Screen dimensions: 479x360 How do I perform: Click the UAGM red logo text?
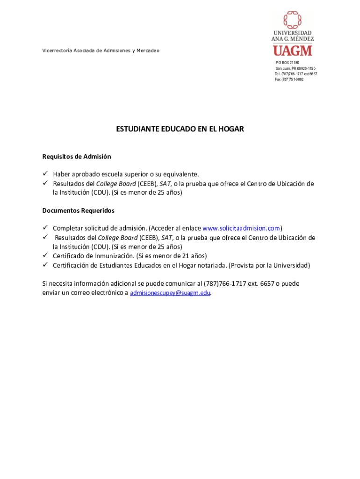click(x=292, y=50)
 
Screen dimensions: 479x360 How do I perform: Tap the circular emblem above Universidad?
click(x=293, y=20)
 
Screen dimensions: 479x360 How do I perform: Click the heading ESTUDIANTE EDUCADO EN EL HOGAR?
click(x=180, y=129)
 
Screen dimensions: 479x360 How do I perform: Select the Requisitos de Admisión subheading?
click(x=77, y=156)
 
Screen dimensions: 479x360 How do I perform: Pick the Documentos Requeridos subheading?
click(x=78, y=210)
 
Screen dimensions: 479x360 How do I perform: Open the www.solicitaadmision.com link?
click(x=241, y=228)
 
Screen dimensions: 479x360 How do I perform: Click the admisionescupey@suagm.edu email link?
click(x=170, y=293)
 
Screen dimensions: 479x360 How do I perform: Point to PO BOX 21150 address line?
click(x=287, y=63)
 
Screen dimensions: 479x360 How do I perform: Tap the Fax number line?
click(x=289, y=80)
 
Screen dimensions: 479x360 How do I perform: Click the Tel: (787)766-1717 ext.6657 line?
click(x=295, y=74)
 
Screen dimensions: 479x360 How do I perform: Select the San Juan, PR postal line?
click(x=295, y=68)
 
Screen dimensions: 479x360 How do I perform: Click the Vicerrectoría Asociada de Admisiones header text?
click(x=101, y=51)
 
